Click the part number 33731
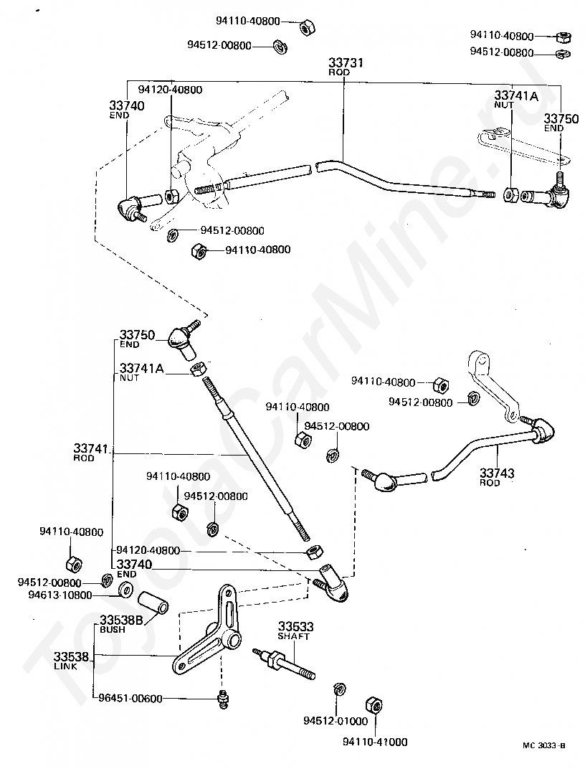pos(346,63)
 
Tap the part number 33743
pos(497,473)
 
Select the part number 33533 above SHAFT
pos(296,626)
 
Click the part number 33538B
pos(121,621)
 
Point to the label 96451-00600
pos(130,699)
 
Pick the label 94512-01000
pos(336,721)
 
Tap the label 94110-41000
pos(375,742)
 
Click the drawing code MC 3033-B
pos(544,745)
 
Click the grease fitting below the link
pos(224,699)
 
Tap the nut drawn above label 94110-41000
pos(374,704)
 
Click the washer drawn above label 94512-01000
pos(338,689)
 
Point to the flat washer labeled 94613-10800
pos(126,589)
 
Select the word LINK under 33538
pos(66,667)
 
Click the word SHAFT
pos(293,636)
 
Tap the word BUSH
pos(113,630)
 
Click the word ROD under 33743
pos(490,483)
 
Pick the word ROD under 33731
pos(339,72)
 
